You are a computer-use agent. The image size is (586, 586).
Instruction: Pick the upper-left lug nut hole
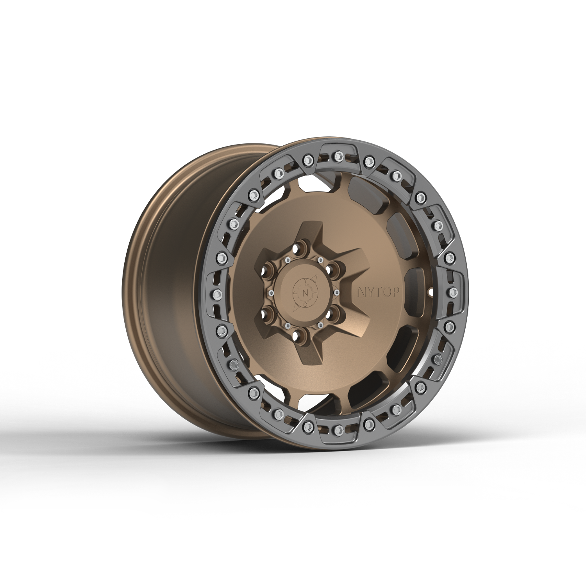pyautogui.click(x=270, y=269)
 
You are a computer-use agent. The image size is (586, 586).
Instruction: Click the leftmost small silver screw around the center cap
pyautogui.click(x=270, y=292)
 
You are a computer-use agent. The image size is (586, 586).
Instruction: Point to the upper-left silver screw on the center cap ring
pyautogui.click(x=287, y=260)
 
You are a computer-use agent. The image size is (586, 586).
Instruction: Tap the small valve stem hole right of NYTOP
pyautogui.click(x=431, y=291)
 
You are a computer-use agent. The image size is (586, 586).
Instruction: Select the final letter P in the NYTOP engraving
pyautogui.click(x=395, y=292)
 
